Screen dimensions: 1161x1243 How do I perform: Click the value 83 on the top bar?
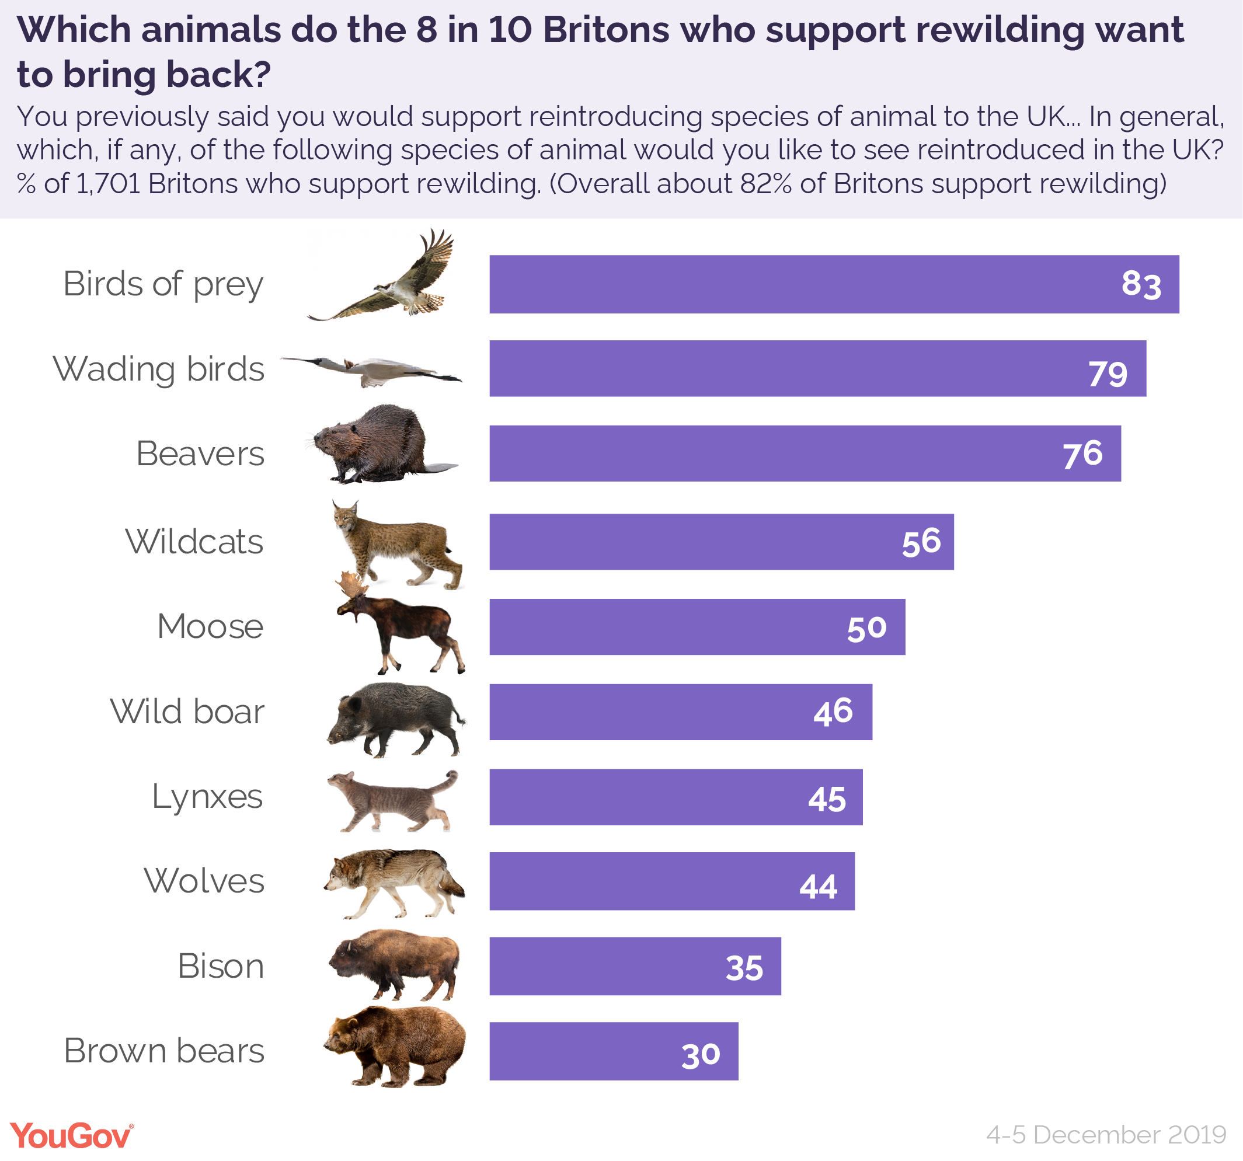[x=1140, y=284]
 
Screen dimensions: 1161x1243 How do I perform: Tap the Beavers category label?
[x=200, y=454]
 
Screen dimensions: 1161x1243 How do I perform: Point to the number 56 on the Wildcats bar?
[x=920, y=542]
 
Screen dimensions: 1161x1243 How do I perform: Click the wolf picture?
[x=394, y=881]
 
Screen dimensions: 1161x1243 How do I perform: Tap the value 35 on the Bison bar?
[x=743, y=968]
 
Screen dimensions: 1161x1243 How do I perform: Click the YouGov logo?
[x=71, y=1135]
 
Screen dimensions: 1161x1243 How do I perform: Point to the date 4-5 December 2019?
[x=1105, y=1134]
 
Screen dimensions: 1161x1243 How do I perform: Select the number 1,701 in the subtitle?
[x=108, y=184]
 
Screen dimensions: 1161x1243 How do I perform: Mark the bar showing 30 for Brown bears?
[x=614, y=1052]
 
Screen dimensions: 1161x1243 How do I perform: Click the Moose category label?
[x=210, y=626]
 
